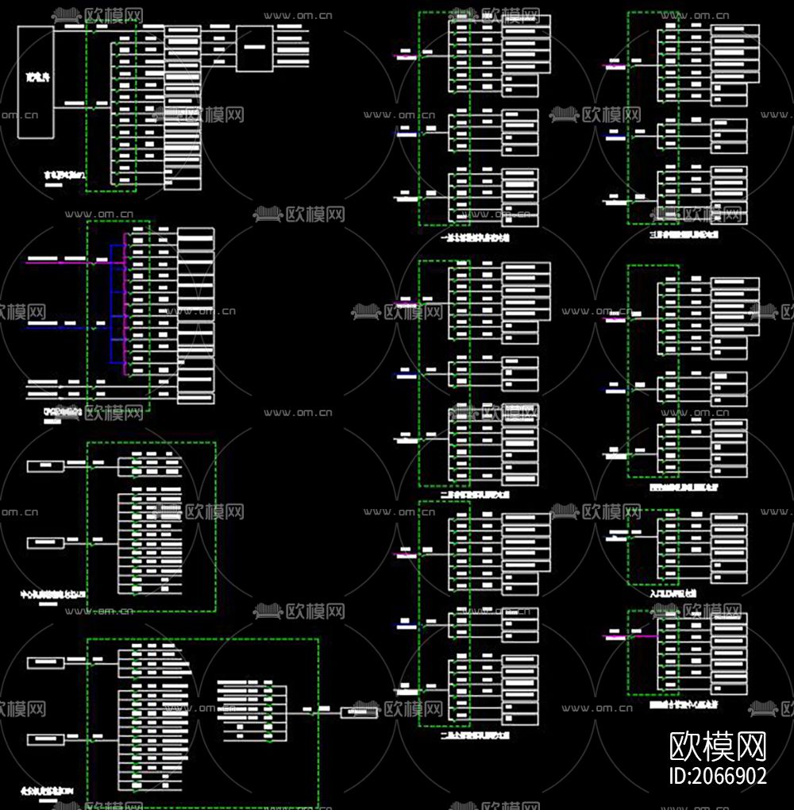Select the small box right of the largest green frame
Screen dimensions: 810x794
359,712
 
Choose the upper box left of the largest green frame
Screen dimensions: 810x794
45,661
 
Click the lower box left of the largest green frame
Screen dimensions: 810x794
45,739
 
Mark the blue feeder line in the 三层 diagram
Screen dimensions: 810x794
615,137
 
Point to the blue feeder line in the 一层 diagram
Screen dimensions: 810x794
407,134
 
